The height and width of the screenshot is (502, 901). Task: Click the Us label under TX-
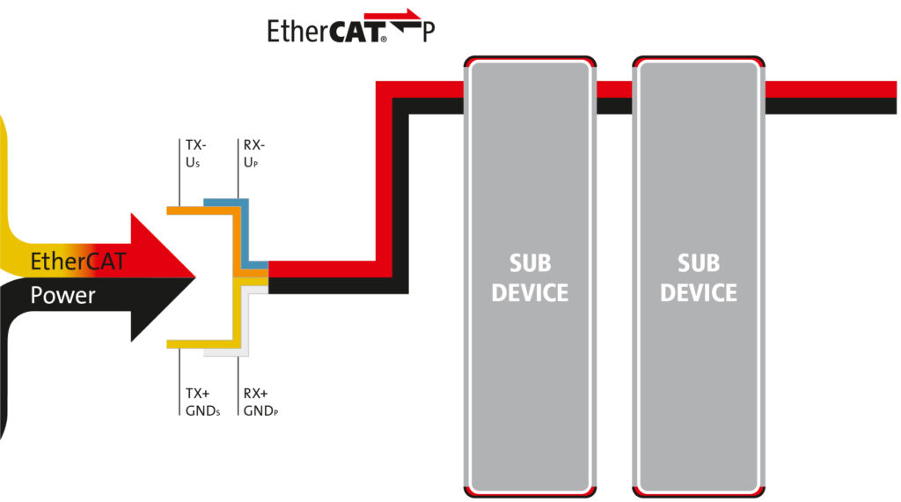[192, 164]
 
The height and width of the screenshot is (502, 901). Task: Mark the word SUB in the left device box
[530, 263]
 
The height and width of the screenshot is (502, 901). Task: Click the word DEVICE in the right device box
[699, 292]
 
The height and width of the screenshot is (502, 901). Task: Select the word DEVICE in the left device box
[530, 292]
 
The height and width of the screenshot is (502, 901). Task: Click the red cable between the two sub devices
[614, 89]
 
